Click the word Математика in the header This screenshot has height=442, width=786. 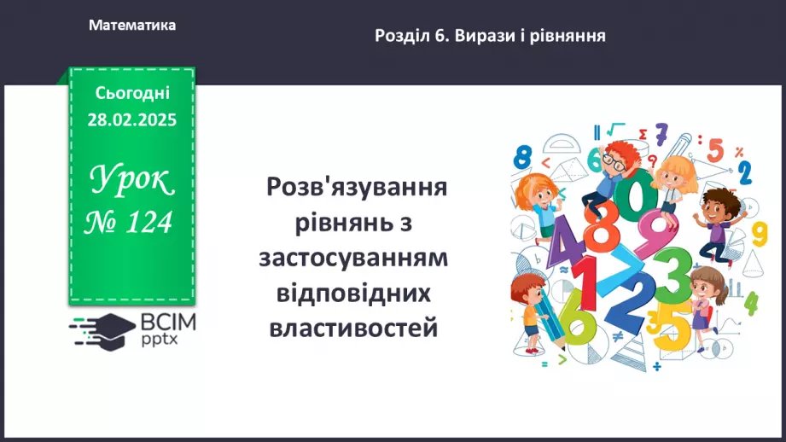coord(132,25)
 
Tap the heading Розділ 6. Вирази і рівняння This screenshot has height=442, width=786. coord(490,36)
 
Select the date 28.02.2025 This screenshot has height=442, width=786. coord(132,119)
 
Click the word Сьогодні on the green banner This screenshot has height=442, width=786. coord(132,93)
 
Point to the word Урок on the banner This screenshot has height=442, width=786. coord(132,179)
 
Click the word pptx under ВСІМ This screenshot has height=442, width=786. coord(159,340)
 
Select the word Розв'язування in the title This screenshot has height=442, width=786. coord(357,188)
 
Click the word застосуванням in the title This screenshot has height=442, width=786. coord(353,258)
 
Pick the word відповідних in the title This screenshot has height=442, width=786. coord(353,293)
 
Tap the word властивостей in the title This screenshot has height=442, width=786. coord(353,329)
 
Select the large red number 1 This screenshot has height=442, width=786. coord(585,283)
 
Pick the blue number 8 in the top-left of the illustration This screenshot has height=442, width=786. coord(522,157)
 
